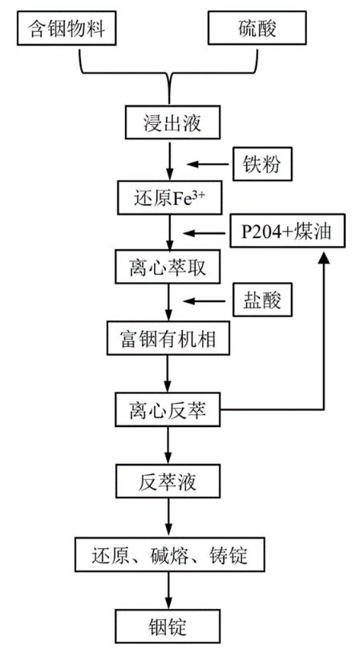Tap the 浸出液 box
pos(169,124)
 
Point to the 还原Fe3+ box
pos(169,196)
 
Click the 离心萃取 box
pos(169,267)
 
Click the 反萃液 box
pos(169,482)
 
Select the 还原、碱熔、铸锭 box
pos(169,553)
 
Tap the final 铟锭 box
pos(169,623)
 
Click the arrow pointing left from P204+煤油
pos(204,232)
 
